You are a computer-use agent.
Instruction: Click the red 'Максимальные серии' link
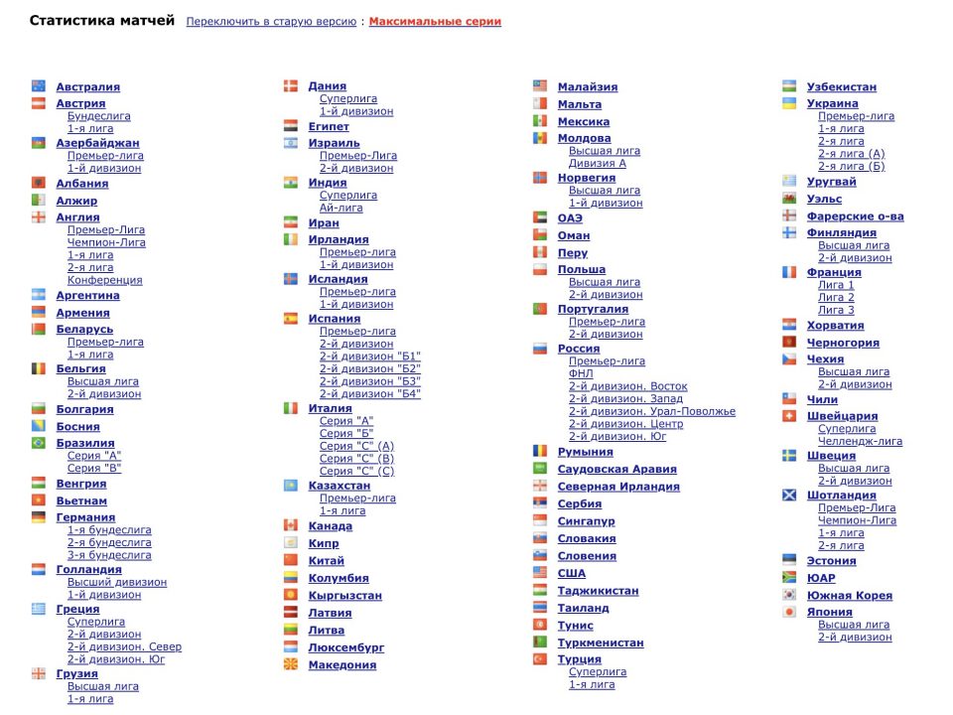point(435,22)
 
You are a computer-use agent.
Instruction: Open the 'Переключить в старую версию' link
point(271,22)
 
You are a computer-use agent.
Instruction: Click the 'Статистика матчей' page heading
point(102,21)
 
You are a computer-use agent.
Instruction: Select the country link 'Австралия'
point(87,87)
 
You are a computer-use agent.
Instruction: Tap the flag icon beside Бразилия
point(39,443)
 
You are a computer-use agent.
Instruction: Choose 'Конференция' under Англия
point(104,280)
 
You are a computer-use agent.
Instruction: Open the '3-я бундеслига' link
point(109,555)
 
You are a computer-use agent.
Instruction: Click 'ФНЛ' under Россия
point(582,373)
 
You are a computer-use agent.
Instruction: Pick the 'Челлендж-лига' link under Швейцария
point(860,441)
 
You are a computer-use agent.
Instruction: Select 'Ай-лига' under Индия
point(341,208)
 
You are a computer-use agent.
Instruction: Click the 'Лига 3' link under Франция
point(836,310)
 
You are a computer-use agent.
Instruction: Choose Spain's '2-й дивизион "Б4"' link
point(370,393)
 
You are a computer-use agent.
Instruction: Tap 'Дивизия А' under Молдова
point(598,163)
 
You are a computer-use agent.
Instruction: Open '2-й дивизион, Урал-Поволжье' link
point(652,411)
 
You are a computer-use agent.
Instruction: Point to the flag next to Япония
point(789,612)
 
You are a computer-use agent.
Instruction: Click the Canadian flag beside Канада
point(291,525)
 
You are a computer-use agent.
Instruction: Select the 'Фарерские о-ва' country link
point(855,216)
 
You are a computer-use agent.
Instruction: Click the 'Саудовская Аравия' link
point(616,470)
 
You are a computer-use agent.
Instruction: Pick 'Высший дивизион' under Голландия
point(117,582)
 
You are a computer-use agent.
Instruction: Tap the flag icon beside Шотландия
point(789,495)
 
